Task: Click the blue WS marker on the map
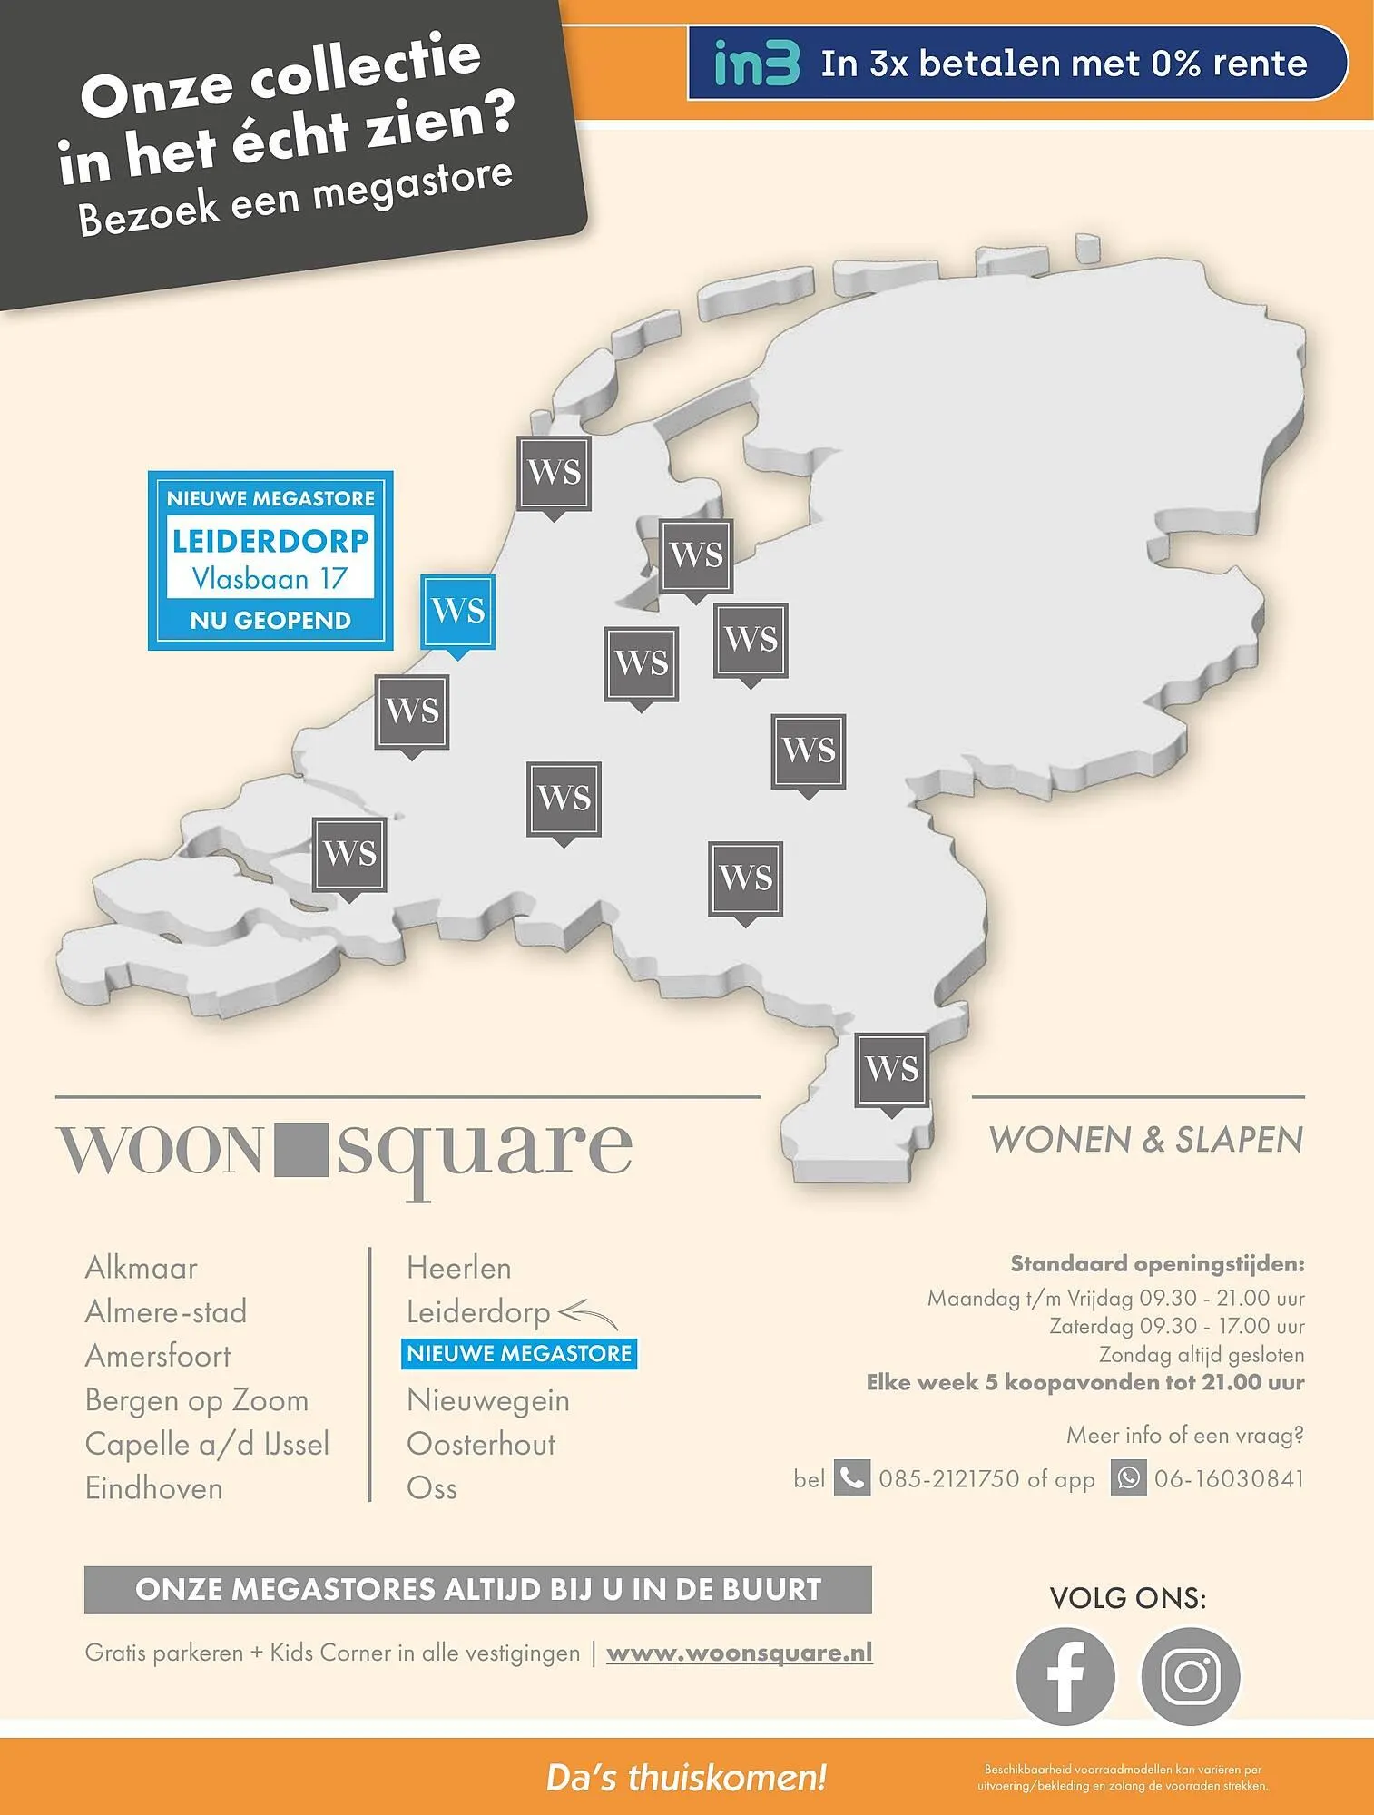[458, 612]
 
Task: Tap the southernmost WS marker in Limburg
[892, 1069]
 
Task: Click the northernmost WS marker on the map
[554, 472]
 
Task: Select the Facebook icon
[1065, 1676]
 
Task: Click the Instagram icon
[1190, 1676]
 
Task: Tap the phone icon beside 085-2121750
[851, 1478]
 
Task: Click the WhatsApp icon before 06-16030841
[1128, 1478]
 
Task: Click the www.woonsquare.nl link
[739, 1653]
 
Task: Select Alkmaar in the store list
[142, 1268]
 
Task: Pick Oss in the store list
[432, 1488]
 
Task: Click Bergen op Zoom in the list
[197, 1400]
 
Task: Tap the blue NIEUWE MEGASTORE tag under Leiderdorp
[519, 1354]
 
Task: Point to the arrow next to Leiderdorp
[588, 1313]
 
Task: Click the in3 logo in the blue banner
[757, 63]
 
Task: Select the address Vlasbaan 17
[270, 579]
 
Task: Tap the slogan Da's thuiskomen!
[686, 1778]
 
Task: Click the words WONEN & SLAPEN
[1145, 1140]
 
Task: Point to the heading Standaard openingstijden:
[1157, 1263]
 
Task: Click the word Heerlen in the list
[459, 1268]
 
